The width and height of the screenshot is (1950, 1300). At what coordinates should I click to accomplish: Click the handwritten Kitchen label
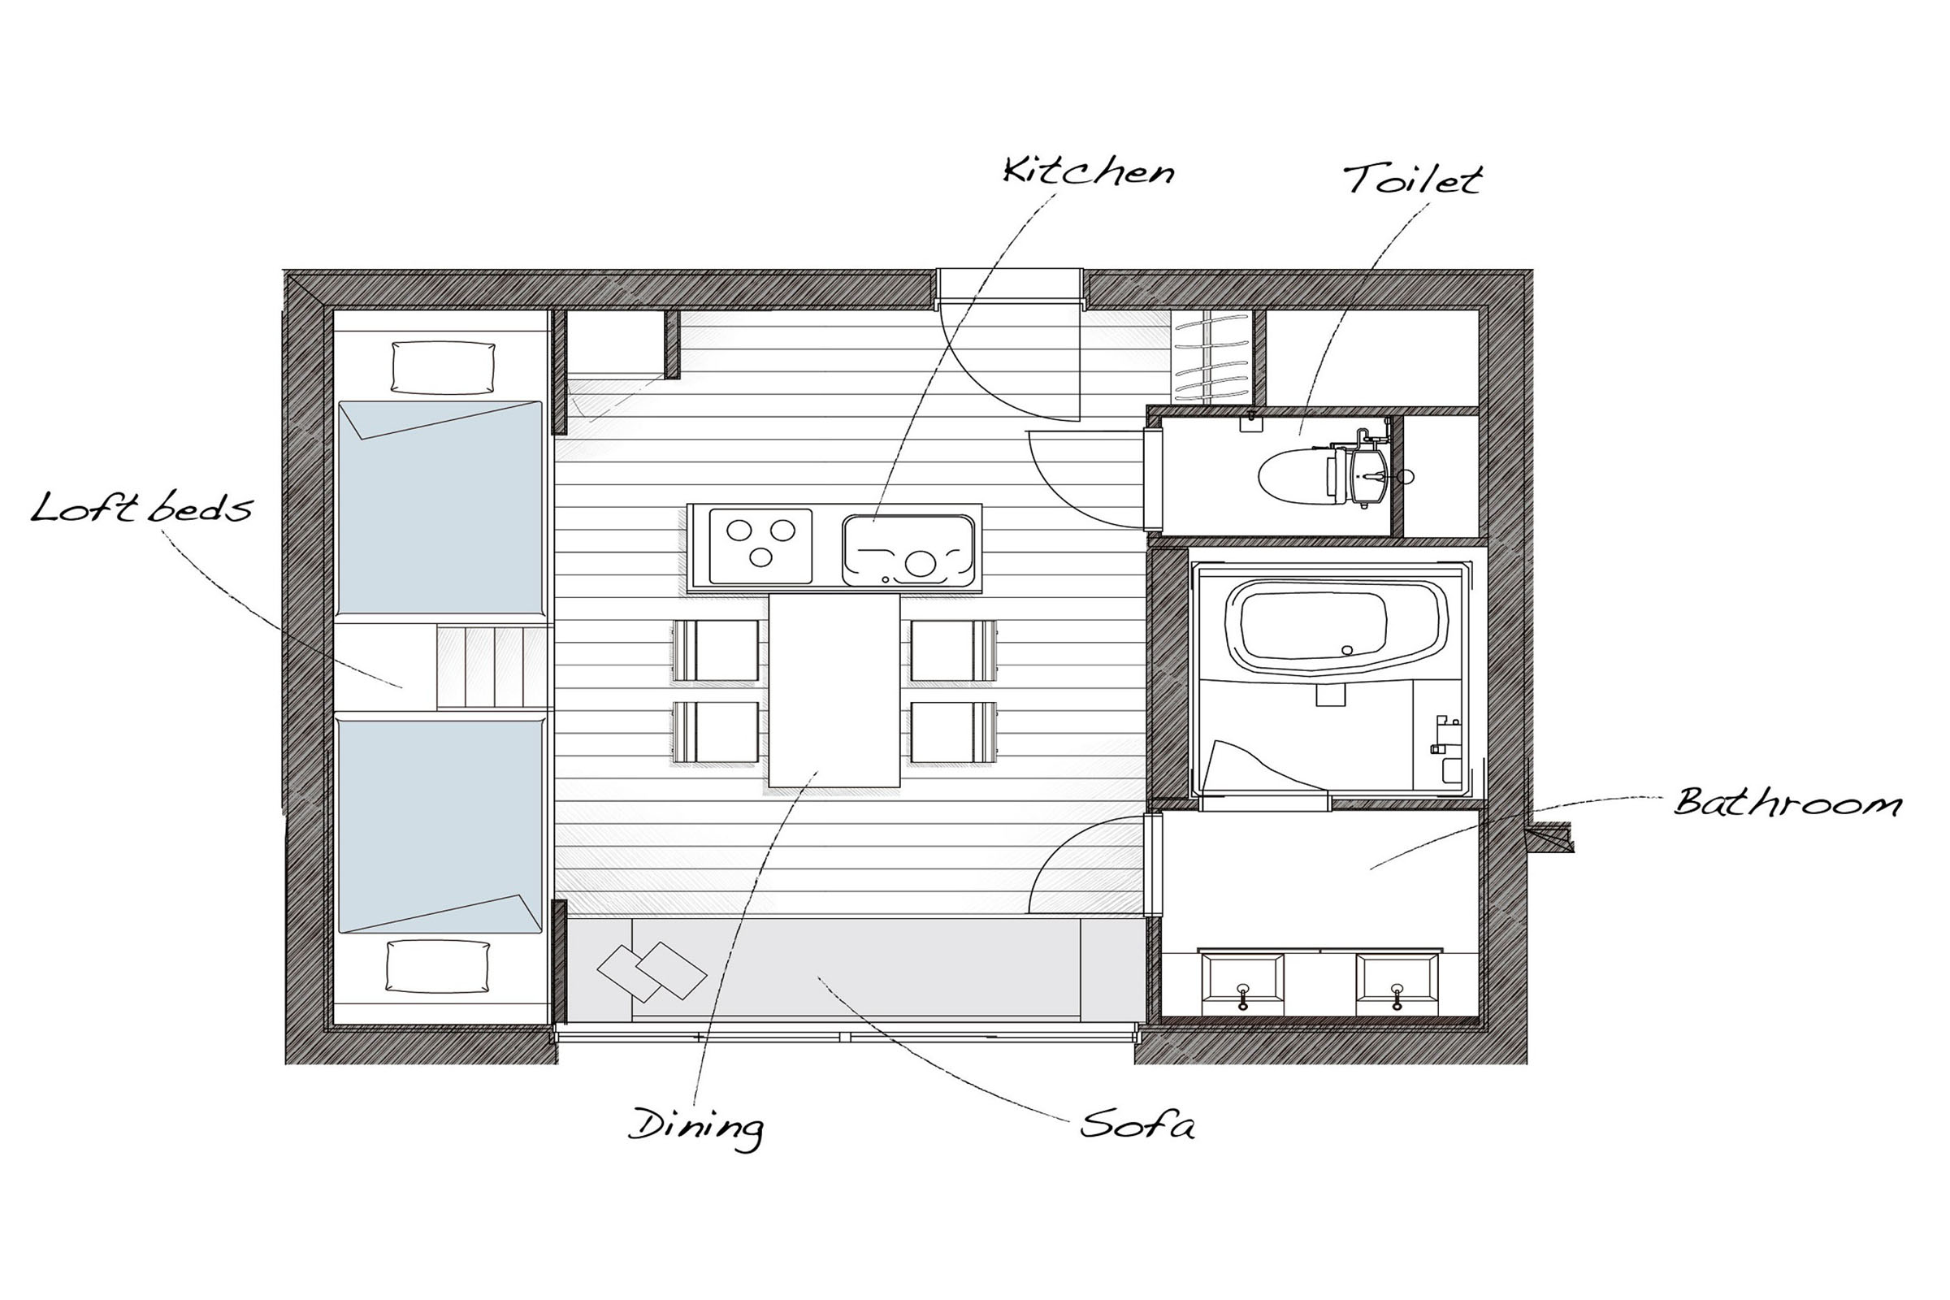coord(1089,171)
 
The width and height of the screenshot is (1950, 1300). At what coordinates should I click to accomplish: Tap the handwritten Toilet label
coord(1412,179)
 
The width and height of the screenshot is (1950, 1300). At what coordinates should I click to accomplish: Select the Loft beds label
coord(141,507)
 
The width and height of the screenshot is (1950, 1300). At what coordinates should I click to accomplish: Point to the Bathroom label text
coord(1787,802)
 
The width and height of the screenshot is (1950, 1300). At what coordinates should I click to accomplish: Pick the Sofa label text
coord(1137,1125)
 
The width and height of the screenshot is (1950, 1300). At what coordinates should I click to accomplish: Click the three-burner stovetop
coord(760,545)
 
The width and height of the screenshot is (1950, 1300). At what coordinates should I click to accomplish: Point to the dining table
coord(834,690)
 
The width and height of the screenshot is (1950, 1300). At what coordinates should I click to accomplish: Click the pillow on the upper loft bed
coord(443,367)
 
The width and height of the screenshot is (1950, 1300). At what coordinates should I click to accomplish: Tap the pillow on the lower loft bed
coord(437,966)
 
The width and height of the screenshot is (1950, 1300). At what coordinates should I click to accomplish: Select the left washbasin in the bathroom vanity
coord(1242,984)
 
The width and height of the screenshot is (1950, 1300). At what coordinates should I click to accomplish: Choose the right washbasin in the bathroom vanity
coord(1397,984)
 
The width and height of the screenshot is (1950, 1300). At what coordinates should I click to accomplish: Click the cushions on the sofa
coord(652,972)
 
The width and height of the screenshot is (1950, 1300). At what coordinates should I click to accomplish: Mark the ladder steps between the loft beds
coord(494,667)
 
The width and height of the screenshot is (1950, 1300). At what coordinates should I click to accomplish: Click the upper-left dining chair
coord(716,651)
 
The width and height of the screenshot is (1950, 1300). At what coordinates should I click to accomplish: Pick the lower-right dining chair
coord(953,732)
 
